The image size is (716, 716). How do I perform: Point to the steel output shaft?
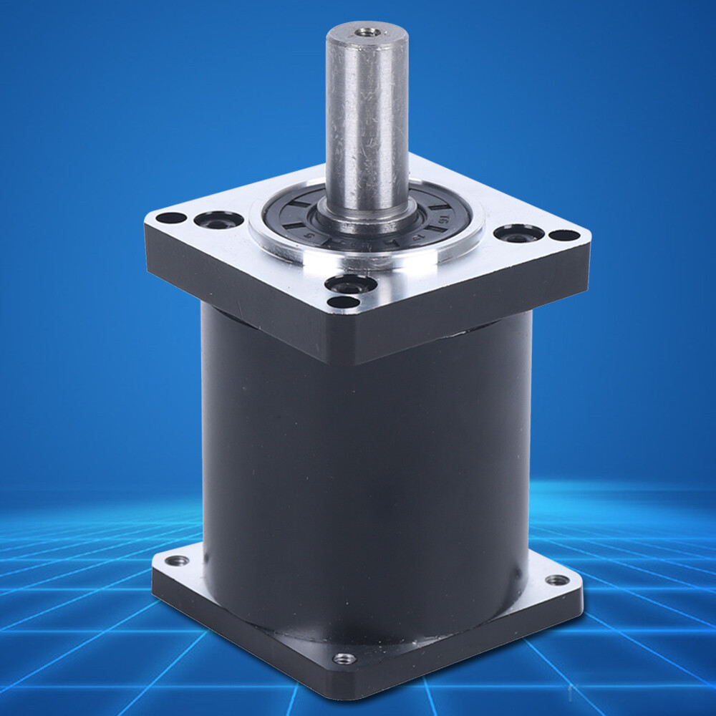pos(367,122)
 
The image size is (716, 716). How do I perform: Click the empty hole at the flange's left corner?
pos(170,218)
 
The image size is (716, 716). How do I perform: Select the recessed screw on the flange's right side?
pos(518,233)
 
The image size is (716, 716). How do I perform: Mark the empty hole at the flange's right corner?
pos(565,235)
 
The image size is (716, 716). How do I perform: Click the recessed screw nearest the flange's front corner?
pos(350,286)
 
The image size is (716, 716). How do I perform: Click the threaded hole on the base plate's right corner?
pos(556,579)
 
